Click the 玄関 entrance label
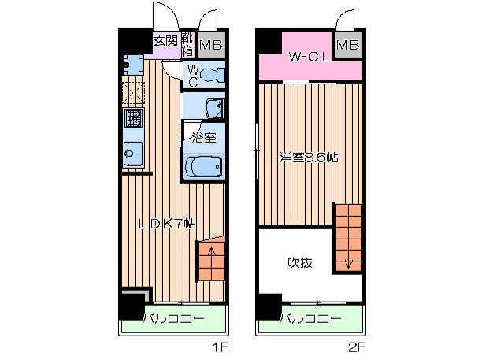pyautogui.click(x=165, y=39)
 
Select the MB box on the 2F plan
pyautogui.click(x=347, y=45)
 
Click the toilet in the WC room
pyautogui.click(x=210, y=76)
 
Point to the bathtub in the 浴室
pyautogui.click(x=204, y=166)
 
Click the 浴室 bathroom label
pyautogui.click(x=202, y=138)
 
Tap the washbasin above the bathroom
pyautogui.click(x=211, y=107)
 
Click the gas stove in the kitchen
pyautogui.click(x=132, y=119)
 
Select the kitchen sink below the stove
pyautogui.click(x=132, y=153)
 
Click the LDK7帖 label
pyautogui.click(x=167, y=224)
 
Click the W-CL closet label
pyautogui.click(x=308, y=58)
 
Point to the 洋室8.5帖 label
pyautogui.click(x=309, y=158)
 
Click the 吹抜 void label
pyautogui.click(x=300, y=262)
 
